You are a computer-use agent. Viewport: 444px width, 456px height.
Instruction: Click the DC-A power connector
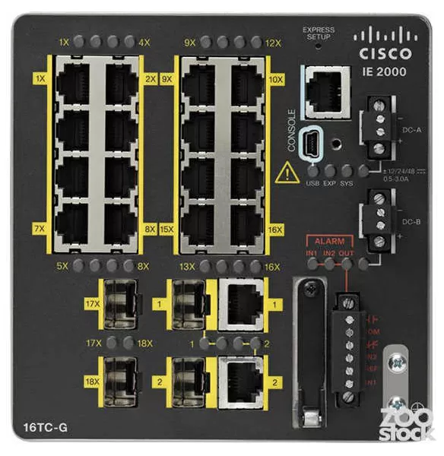(x=376, y=125)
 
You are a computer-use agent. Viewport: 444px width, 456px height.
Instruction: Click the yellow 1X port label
(x=40, y=79)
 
